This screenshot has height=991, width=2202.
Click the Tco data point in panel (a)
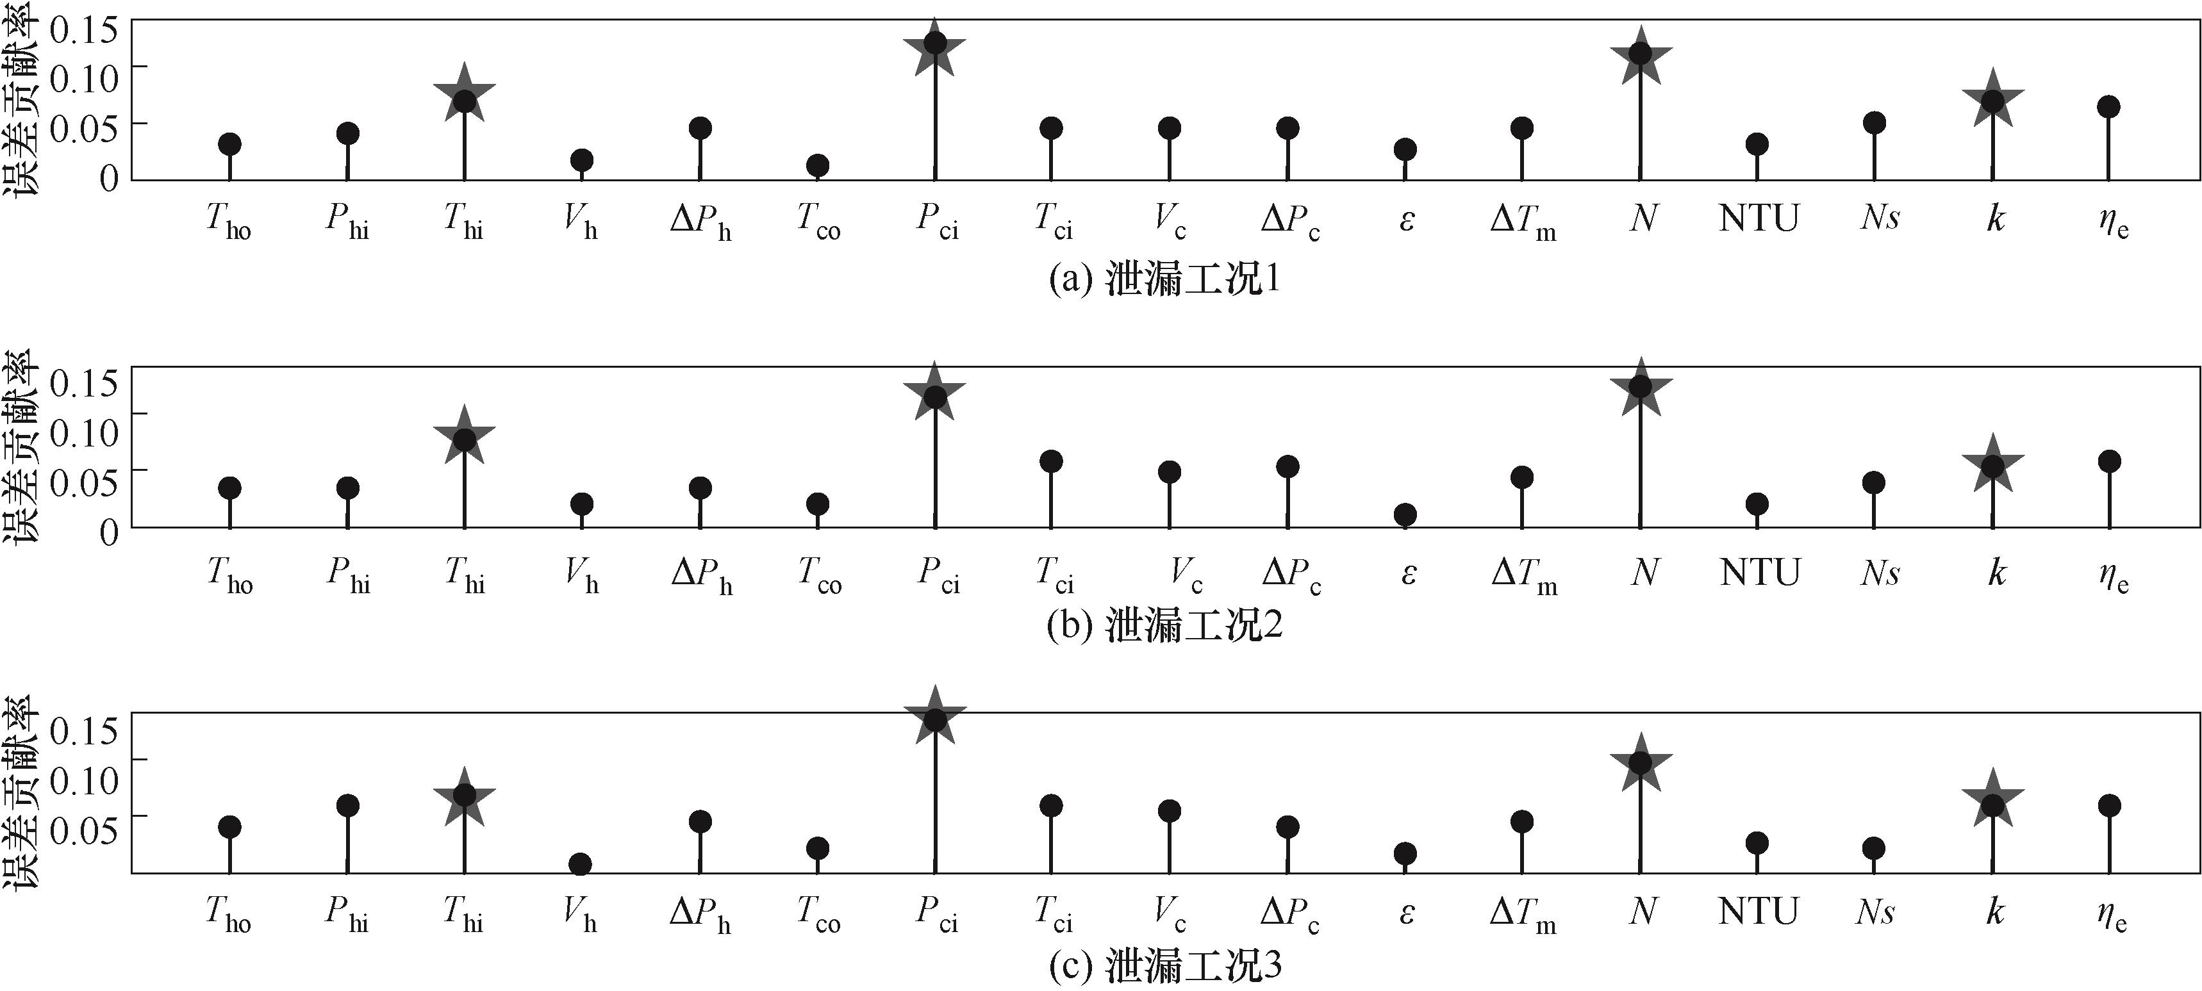coord(817,165)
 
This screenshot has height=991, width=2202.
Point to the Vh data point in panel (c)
coord(581,864)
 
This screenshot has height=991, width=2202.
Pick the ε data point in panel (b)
coord(1405,514)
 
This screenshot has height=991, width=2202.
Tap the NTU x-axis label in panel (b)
coord(1759,573)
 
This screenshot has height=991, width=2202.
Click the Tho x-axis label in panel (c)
coord(228,913)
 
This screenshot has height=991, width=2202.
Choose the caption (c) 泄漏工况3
coord(1164,967)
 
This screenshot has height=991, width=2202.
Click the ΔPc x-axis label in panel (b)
coord(1291,573)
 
